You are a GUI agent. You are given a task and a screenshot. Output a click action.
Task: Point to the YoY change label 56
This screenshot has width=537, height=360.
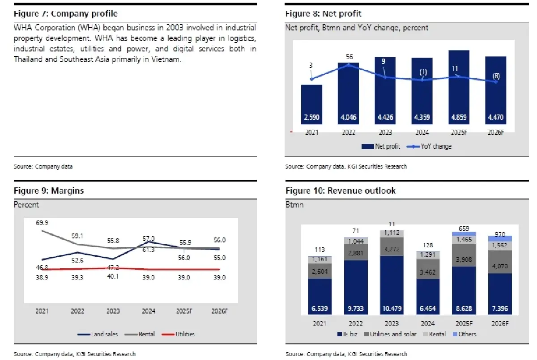click(349, 57)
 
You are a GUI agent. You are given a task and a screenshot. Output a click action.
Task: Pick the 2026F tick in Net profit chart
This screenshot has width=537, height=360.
click(495, 133)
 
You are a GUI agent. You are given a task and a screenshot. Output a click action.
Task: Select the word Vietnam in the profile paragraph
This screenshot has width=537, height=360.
click(168, 59)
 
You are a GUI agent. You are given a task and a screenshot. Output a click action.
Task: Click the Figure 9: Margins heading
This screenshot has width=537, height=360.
click(48, 191)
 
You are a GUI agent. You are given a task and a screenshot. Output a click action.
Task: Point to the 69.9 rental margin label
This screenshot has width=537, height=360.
click(42, 222)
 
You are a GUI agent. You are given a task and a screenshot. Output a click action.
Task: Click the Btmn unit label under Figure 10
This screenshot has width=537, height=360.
click(294, 205)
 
